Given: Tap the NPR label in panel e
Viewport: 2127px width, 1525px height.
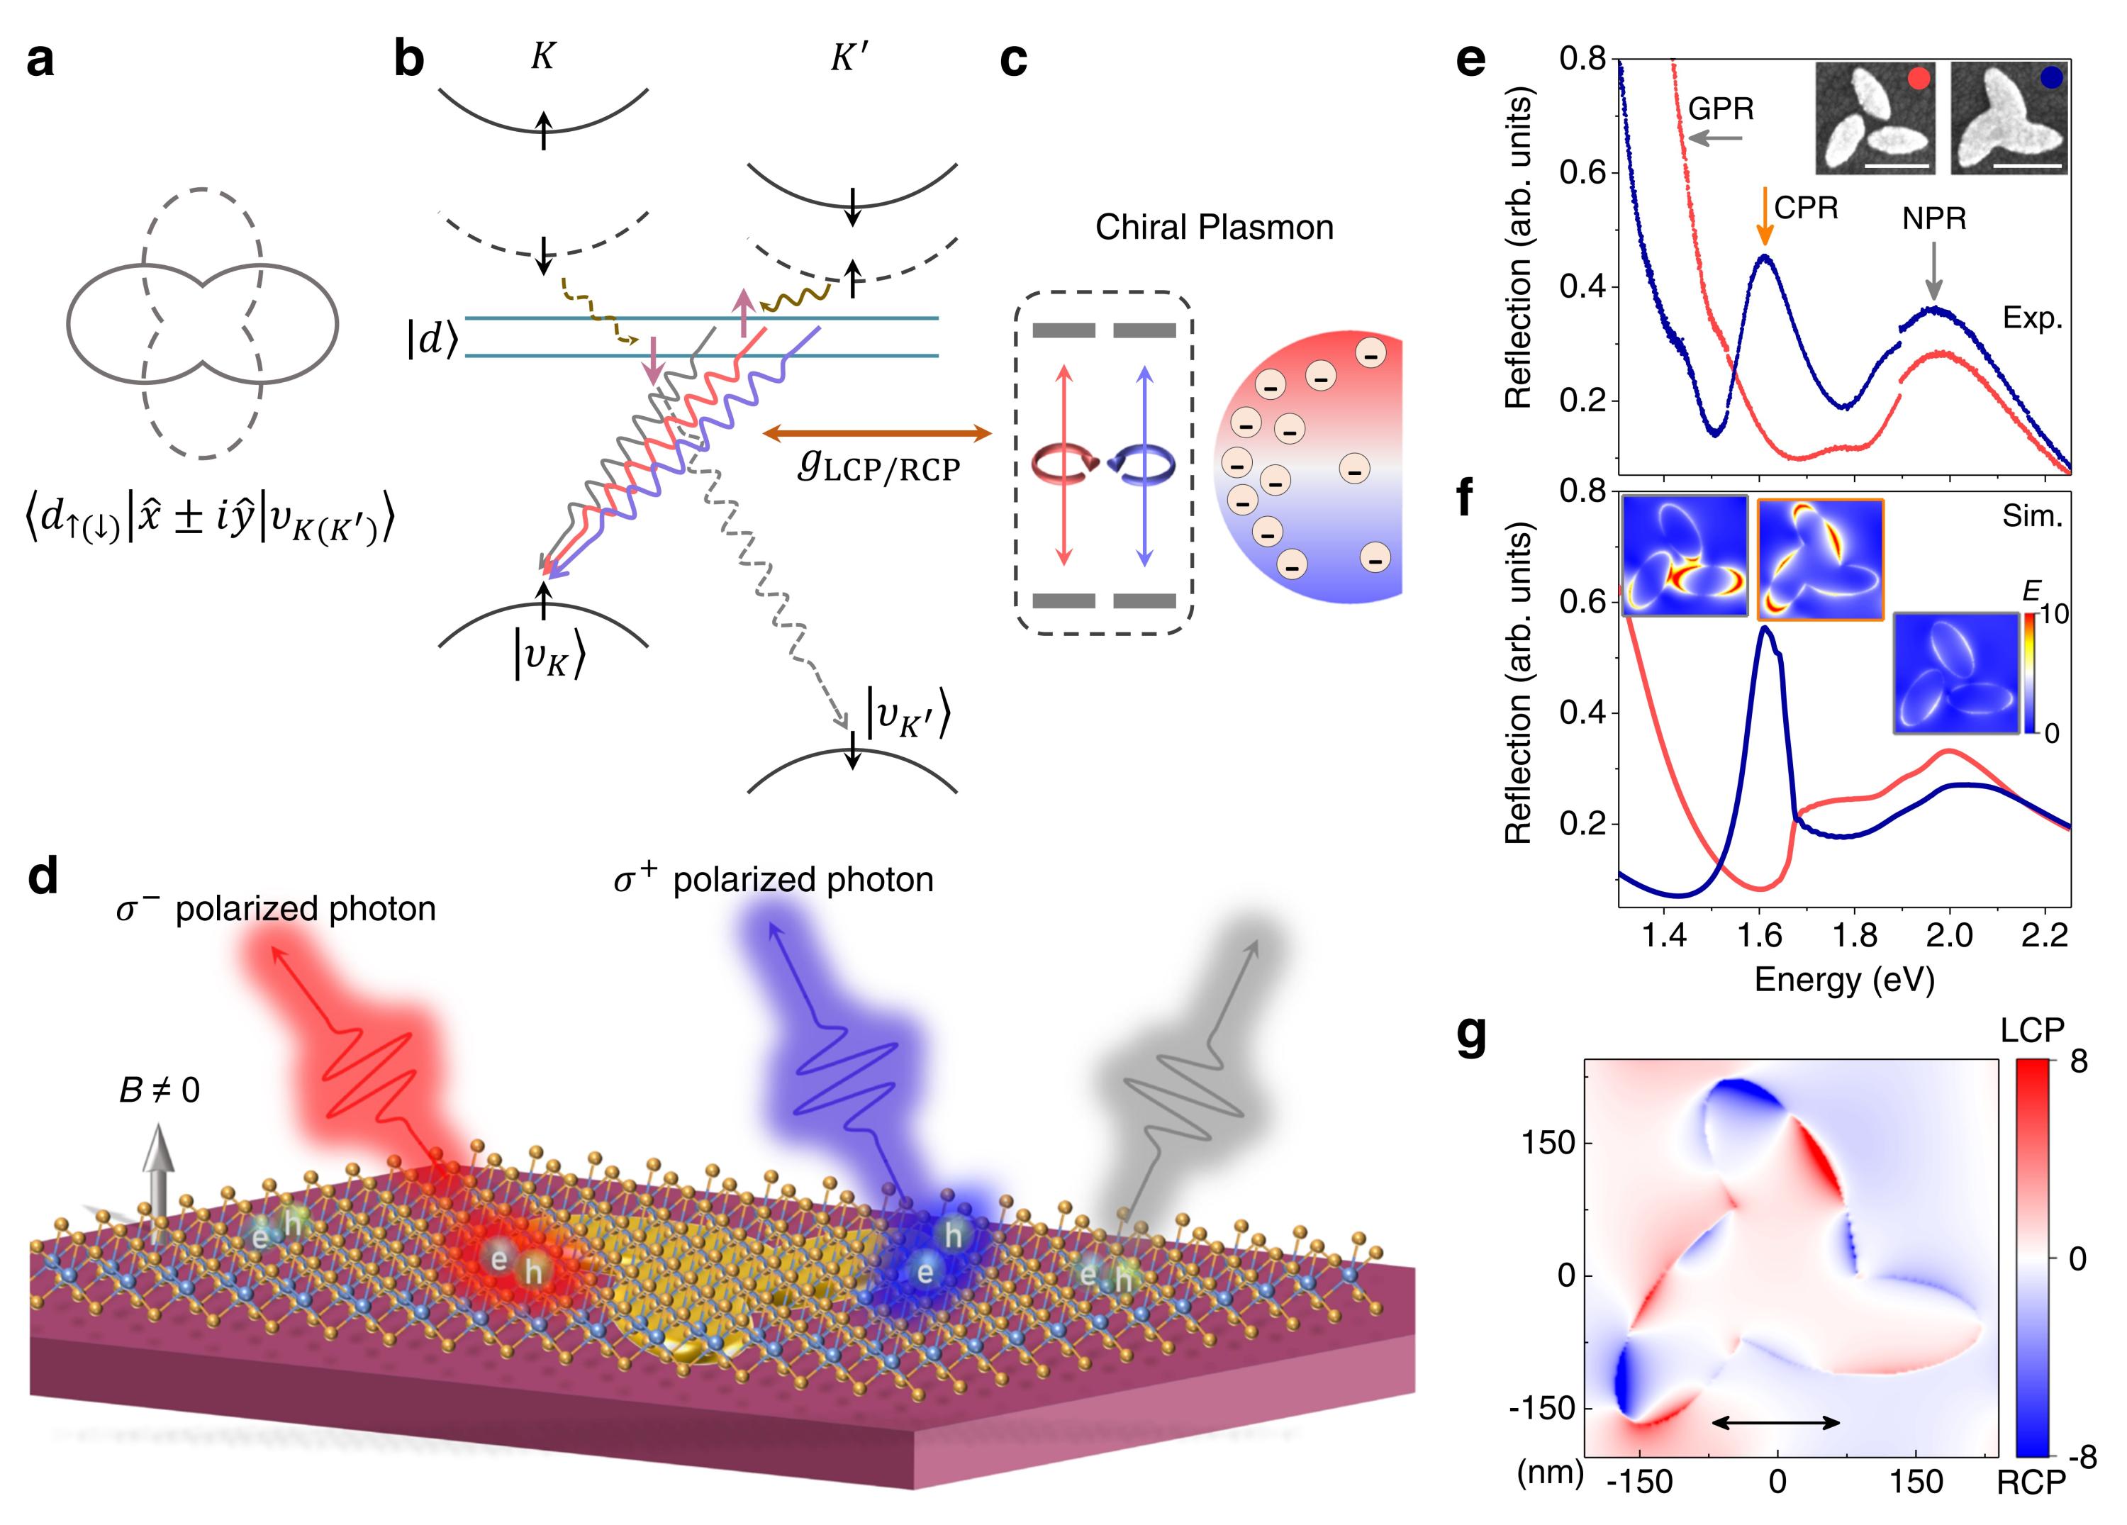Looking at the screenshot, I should [x=1934, y=218].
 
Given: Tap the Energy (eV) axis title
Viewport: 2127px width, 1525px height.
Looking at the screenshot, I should [x=1844, y=979].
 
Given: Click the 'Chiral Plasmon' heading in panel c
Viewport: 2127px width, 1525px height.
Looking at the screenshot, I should [x=1214, y=227].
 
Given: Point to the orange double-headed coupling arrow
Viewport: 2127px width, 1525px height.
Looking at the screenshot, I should [x=877, y=432].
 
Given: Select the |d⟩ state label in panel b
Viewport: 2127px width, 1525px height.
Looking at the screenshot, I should [x=432, y=342].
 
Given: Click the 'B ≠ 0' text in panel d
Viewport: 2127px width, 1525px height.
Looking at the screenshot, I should [x=160, y=1090].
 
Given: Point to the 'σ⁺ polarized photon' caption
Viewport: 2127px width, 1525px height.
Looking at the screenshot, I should [x=774, y=879].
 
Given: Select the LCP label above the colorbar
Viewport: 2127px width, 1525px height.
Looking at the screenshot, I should [x=2032, y=1030].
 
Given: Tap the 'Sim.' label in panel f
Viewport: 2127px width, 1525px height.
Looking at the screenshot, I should [x=2032, y=516].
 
